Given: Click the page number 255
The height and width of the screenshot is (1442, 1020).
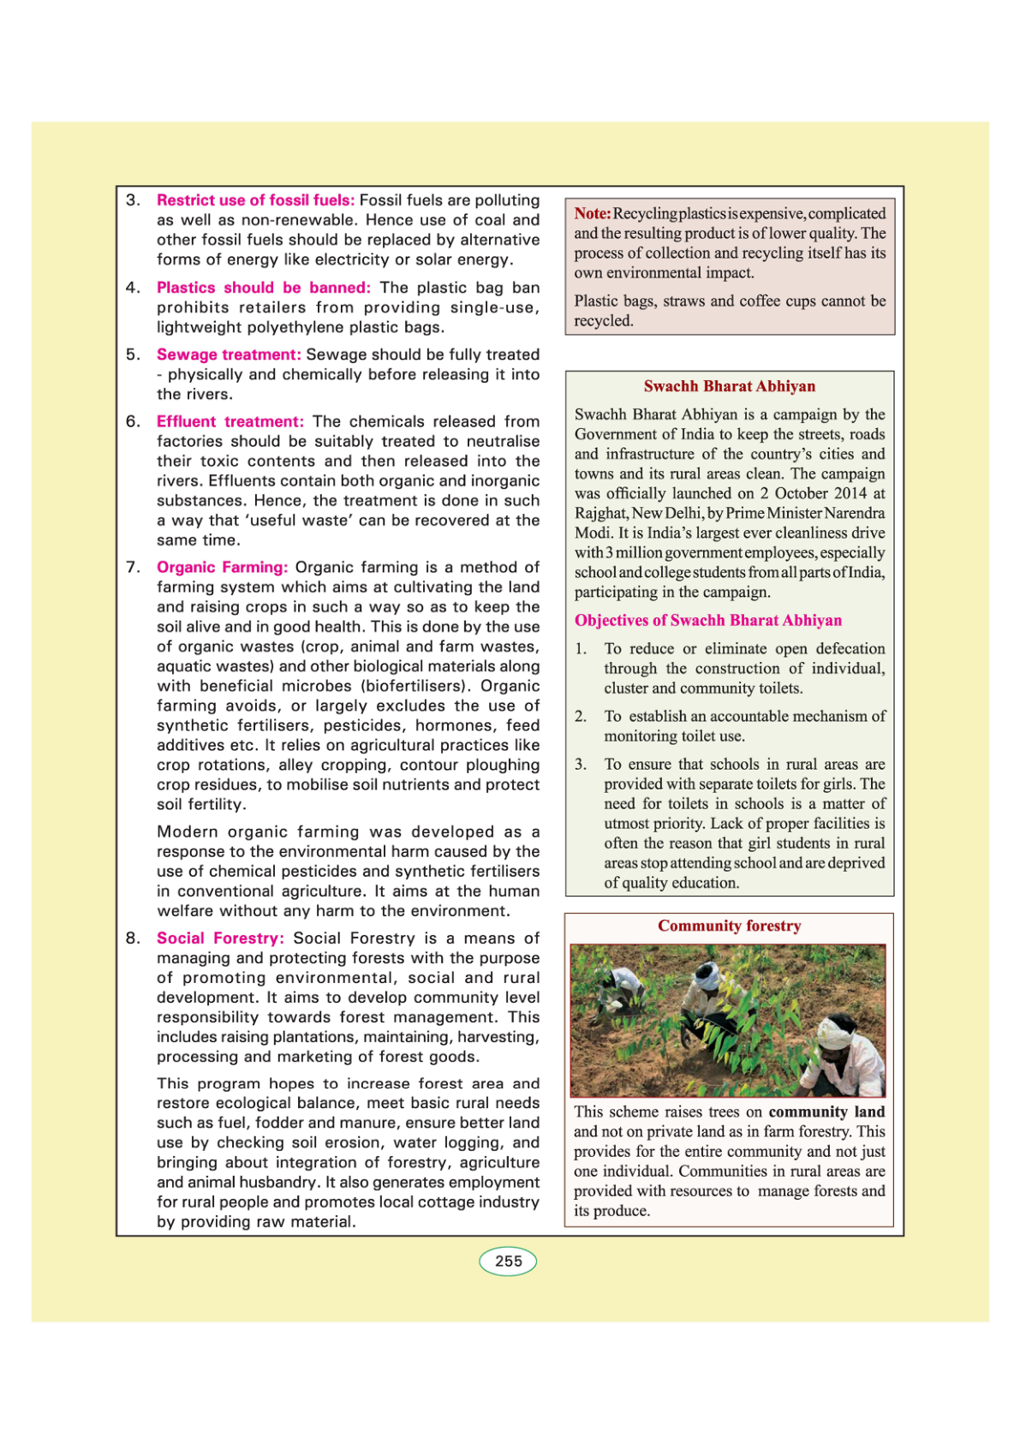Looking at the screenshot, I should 508,1261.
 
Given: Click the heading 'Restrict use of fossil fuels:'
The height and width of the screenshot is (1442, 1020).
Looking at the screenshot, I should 255,200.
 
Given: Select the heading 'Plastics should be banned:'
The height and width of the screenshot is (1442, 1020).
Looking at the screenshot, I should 263,288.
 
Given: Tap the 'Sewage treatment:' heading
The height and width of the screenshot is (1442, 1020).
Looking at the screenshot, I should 229,355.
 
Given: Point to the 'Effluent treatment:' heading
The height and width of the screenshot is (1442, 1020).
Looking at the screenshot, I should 230,421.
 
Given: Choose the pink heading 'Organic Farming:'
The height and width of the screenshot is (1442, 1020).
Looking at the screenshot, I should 222,567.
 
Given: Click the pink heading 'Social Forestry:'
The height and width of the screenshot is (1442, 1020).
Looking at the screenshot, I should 220,938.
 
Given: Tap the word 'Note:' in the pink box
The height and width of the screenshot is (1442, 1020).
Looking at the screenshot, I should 592,213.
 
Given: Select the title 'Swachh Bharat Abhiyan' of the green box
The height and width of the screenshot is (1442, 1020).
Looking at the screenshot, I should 729,386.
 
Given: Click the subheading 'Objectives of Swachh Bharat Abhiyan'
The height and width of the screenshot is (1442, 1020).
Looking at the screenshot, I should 707,620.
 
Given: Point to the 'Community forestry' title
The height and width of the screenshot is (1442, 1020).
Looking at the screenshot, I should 729,926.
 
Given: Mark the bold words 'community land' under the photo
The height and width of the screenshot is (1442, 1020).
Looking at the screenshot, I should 826,1111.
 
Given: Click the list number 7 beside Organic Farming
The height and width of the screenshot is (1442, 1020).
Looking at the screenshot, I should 133,567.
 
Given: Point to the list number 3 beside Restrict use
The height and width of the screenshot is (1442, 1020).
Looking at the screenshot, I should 133,200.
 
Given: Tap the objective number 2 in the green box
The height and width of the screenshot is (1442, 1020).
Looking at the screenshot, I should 581,717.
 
